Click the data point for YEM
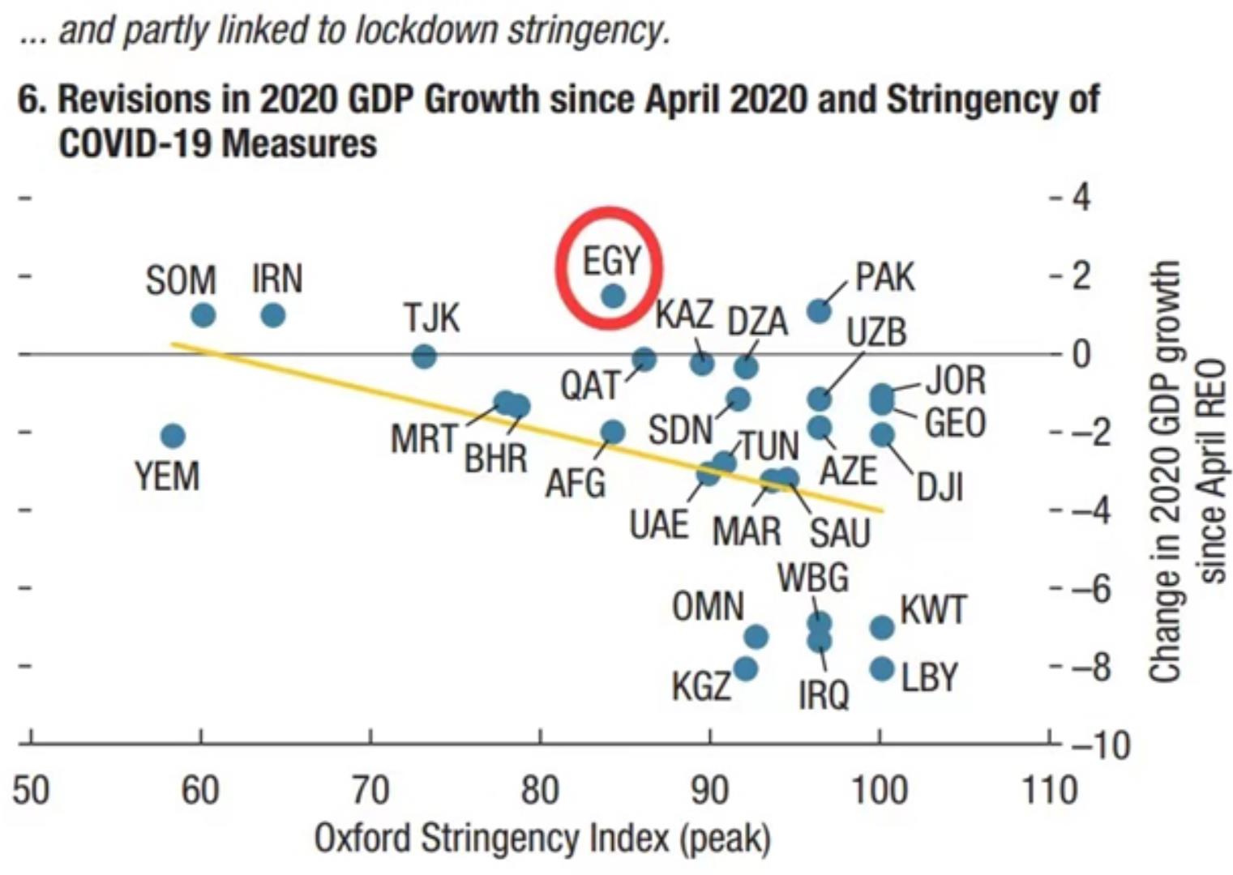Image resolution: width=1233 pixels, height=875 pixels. [173, 436]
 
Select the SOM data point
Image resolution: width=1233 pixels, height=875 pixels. [203, 314]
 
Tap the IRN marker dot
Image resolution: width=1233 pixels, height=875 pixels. [273, 314]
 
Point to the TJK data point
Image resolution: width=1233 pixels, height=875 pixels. [424, 356]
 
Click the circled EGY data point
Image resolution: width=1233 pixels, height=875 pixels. [614, 296]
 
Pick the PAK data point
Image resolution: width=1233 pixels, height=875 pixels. [820, 310]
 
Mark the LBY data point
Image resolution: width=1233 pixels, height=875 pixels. [882, 669]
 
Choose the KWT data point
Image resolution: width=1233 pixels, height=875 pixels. [882, 627]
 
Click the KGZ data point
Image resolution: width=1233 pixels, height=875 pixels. [745, 669]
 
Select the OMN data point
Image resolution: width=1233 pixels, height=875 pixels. [756, 637]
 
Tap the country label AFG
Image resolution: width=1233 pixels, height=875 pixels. [576, 484]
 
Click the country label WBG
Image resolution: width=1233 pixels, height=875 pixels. [813, 578]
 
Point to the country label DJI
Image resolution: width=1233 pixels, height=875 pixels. [940, 488]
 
